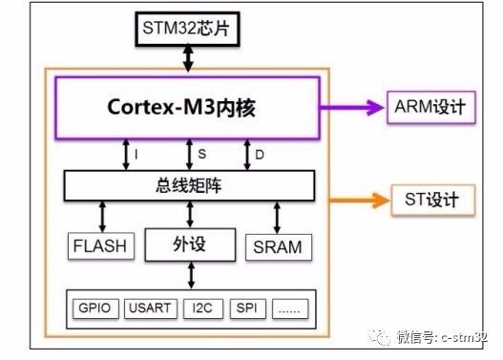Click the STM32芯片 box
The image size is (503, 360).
pos(188,29)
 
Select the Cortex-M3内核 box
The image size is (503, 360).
pos(188,108)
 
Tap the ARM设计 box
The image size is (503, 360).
pos(431,108)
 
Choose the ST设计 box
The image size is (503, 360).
pos(433,200)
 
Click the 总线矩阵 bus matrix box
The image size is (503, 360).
pos(189,186)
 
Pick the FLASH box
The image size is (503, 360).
pos(101,246)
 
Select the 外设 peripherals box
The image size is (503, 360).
pos(190,244)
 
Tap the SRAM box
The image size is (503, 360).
pos(279,247)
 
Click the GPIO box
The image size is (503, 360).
pos(95,308)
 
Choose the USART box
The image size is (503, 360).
pos(151,308)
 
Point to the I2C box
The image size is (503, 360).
pos(203,308)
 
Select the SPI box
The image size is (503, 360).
pos(247,308)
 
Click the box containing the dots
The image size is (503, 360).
pos(290,308)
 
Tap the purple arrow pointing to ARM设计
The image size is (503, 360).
pos(352,108)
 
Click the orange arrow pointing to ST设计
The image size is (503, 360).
pos(360,201)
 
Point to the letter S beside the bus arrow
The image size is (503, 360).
pos(201,154)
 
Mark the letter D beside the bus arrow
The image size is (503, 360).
pos(260,155)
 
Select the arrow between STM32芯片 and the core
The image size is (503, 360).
pos(188,57)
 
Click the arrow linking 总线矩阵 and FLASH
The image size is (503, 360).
pos(103,217)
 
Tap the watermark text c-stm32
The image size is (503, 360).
pos(464,337)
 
